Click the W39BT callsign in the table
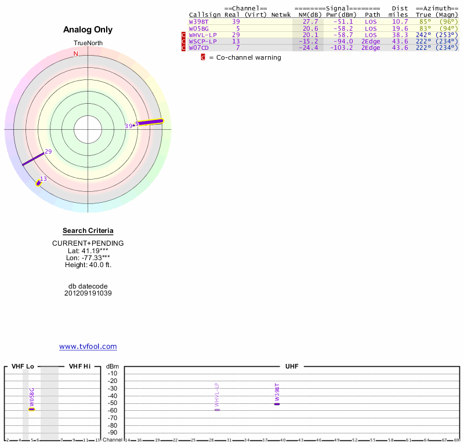pos(198,21)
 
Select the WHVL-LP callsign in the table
pos(202,35)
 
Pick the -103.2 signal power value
pos(341,48)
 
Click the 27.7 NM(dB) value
pos(310,21)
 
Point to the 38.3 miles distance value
pos(400,35)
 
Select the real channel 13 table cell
pos(235,41)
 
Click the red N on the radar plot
pos(75,54)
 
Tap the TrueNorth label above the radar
pos(88,43)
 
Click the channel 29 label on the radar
pos(48,152)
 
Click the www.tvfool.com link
pos(88,346)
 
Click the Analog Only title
pos(88,30)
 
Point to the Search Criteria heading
pos(88,231)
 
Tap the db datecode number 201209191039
pos(88,293)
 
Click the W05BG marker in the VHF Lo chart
pos(32,408)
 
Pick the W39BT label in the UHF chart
pos(277,392)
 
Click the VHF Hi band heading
pos(79,366)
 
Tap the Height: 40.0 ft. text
pos(88,265)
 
